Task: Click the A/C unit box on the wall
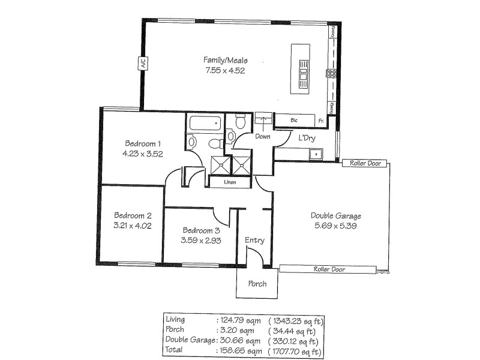click(x=143, y=63)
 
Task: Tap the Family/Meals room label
click(x=225, y=61)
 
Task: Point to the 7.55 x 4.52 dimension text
click(x=225, y=70)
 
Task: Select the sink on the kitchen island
click(x=304, y=70)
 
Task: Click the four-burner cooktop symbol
click(x=331, y=74)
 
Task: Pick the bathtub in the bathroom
click(x=205, y=125)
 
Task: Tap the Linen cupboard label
click(x=229, y=182)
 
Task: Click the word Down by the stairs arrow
click(x=263, y=137)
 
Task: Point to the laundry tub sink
click(x=314, y=155)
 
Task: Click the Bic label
click(x=294, y=121)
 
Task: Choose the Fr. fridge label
click(x=322, y=121)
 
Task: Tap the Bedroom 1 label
click(x=143, y=143)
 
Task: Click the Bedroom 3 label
click(x=201, y=230)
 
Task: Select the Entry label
click(x=254, y=241)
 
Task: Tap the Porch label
click(x=257, y=284)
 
